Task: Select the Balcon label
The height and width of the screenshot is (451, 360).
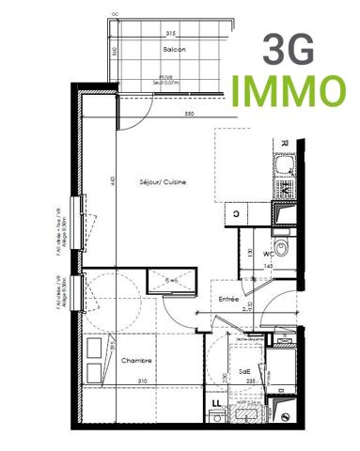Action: [174, 48]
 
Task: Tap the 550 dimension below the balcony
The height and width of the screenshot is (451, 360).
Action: [189, 114]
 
